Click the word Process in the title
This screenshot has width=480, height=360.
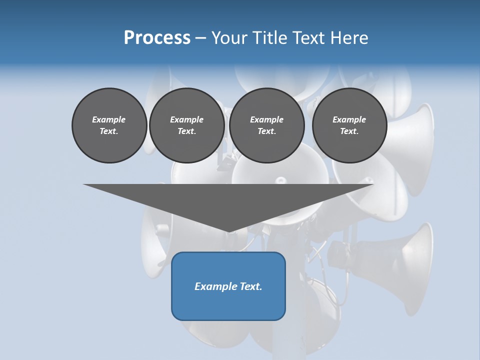coord(157,37)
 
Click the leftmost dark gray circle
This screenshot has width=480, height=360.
coord(109,125)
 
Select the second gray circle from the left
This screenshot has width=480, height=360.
coord(186,125)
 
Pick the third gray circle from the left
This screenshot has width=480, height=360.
coord(266,125)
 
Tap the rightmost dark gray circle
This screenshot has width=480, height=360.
coord(349,125)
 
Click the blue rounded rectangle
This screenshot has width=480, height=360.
coord(228,286)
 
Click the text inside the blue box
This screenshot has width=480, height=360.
coord(228,286)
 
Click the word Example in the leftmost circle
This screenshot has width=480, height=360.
coord(109,119)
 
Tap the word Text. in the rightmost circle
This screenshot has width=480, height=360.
coord(349,131)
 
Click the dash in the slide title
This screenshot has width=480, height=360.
coord(201,38)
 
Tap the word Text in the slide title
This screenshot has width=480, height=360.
coord(309,37)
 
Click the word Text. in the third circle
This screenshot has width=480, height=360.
coord(266,131)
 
